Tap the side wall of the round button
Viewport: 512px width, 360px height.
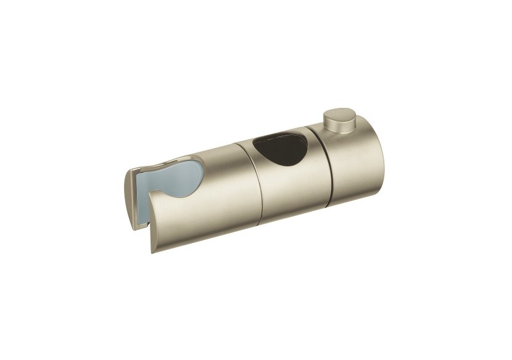pos(334,125)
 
